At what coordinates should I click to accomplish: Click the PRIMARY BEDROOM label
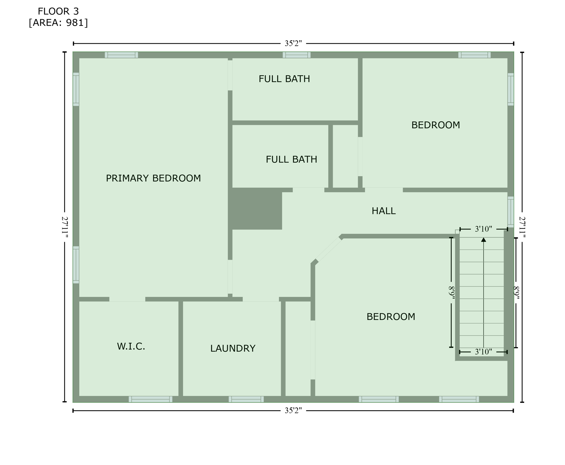(153, 178)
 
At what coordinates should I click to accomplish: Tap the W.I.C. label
(131, 346)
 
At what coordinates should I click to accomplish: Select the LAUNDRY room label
(233, 348)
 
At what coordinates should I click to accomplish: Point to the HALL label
(384, 211)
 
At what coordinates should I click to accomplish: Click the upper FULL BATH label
(284, 79)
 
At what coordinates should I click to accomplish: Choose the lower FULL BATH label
(291, 159)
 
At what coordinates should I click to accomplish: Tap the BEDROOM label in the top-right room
(436, 125)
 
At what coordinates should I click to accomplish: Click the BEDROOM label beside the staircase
(391, 317)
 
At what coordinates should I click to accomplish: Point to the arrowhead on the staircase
(484, 240)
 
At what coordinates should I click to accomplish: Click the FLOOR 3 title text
(58, 11)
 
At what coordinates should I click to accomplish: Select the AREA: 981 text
(58, 23)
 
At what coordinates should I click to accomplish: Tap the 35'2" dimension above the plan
(293, 43)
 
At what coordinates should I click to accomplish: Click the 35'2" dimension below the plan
(293, 411)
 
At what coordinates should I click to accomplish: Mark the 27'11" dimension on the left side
(64, 227)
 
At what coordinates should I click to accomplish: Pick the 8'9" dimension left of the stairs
(451, 293)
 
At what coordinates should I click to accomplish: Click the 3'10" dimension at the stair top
(483, 229)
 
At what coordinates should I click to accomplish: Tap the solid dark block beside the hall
(257, 209)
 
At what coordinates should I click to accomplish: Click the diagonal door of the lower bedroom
(328, 249)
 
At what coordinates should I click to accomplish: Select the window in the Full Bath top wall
(297, 55)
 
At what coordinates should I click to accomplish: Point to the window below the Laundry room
(246, 399)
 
